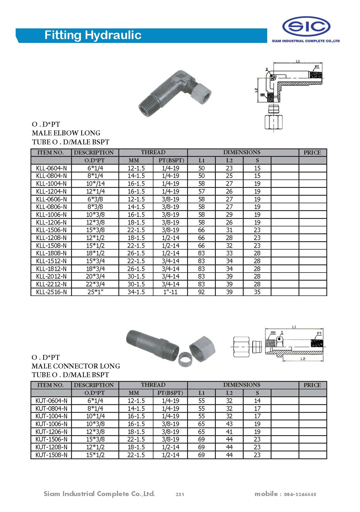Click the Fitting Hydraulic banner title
[93, 35]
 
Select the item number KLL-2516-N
[51, 292]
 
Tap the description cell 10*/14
[95, 184]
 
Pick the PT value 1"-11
[170, 292]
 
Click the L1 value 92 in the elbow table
[201, 292]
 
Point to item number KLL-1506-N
[51, 230]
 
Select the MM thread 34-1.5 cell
[136, 292]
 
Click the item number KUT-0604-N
[51, 401]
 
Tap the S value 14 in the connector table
[257, 401]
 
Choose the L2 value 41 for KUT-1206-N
[229, 432]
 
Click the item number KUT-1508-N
[51, 455]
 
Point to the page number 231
[180, 494]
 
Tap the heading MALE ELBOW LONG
[66, 133]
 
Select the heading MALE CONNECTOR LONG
[76, 366]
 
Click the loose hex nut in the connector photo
[202, 349]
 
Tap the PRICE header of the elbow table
[312, 152]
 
